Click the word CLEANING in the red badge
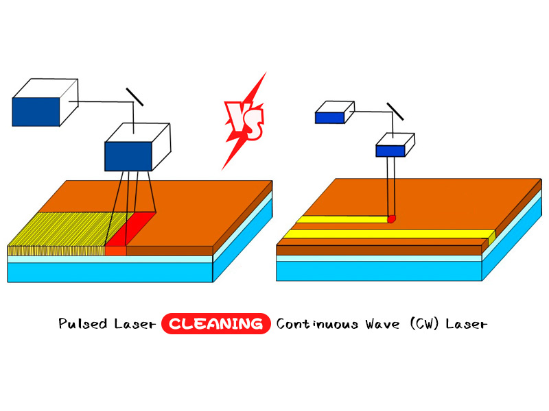215,323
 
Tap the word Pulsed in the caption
80,323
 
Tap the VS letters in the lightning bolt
244,121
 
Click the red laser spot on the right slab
392,219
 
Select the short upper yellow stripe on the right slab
343,221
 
